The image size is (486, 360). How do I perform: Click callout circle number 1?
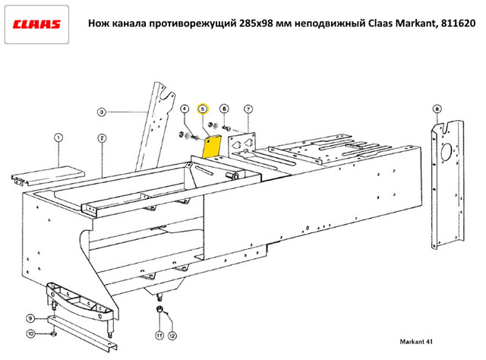(x=58, y=137)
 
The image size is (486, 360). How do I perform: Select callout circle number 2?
(x=101, y=137)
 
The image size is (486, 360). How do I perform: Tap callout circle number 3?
(x=101, y=112)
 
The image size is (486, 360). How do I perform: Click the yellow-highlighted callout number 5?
(x=204, y=109)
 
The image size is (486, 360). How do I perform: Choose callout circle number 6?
(x=226, y=109)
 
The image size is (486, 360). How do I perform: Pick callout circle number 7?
(x=248, y=109)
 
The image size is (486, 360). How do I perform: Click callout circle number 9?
(x=31, y=317)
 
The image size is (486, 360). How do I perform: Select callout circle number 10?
(x=31, y=334)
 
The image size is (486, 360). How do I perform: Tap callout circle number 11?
(x=159, y=335)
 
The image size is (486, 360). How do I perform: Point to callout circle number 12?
(x=173, y=335)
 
